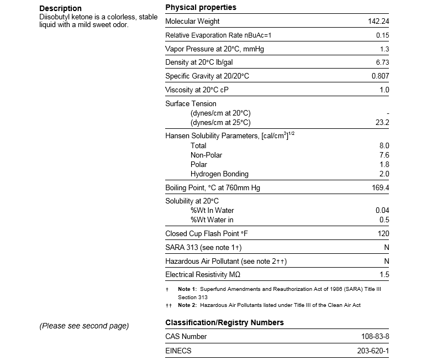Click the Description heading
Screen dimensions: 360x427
(x=60, y=8)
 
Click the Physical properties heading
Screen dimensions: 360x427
(x=201, y=8)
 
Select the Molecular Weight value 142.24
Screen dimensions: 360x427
(x=378, y=22)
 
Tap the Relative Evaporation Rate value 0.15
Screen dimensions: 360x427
(x=381, y=35)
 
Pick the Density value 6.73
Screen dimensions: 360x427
(x=381, y=62)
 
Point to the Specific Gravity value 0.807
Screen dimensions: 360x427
(x=380, y=76)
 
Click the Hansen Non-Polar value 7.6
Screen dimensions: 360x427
(x=384, y=155)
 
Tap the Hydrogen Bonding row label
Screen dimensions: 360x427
(x=219, y=174)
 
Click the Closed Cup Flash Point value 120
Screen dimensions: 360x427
(x=383, y=234)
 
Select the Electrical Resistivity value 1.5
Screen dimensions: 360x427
(x=384, y=275)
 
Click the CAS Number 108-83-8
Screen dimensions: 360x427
(x=373, y=336)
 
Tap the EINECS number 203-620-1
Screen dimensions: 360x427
(x=373, y=351)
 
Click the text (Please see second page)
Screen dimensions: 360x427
(x=84, y=326)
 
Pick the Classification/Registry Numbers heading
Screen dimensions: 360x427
(x=224, y=322)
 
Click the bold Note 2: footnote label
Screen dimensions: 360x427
(x=187, y=305)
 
